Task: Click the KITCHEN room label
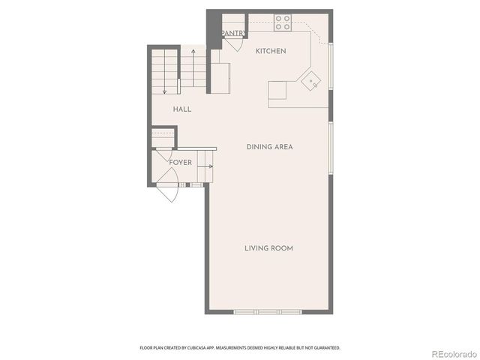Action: pyautogui.click(x=271, y=51)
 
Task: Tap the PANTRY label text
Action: pyautogui.click(x=233, y=33)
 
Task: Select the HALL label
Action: pyautogui.click(x=182, y=109)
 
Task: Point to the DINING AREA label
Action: pyautogui.click(x=269, y=147)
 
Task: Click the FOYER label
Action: pyautogui.click(x=180, y=163)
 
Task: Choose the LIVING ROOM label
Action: pyautogui.click(x=268, y=248)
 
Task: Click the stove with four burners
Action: pyautogui.click(x=283, y=22)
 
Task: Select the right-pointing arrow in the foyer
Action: pyautogui.click(x=205, y=166)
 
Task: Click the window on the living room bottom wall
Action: pyautogui.click(x=268, y=311)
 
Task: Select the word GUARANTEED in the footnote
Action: pyautogui.click(x=325, y=348)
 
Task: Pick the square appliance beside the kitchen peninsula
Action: pyautogui.click(x=277, y=90)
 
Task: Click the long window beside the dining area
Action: pyautogui.click(x=331, y=148)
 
